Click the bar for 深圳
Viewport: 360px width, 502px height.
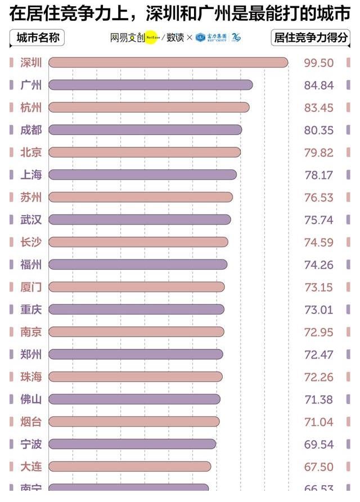[x=168, y=62]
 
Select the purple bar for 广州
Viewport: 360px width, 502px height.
[x=150, y=85]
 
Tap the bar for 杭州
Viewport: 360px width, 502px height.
[x=148, y=107]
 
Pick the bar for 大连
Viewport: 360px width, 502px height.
[x=129, y=467]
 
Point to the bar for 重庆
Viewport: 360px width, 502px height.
[x=136, y=310]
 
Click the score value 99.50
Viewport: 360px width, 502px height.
[x=318, y=63]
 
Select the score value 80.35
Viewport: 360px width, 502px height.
[x=318, y=130]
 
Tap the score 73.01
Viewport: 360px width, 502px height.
[x=318, y=310]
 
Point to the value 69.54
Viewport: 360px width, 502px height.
[x=318, y=445]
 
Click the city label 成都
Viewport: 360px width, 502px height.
[x=31, y=130]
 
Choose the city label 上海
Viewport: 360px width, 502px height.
[x=31, y=175]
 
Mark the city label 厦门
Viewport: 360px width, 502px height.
[x=31, y=287]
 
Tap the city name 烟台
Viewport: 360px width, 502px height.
[x=31, y=422]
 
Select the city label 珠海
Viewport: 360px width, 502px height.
[x=31, y=376]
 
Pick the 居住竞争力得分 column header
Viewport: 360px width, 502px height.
[x=310, y=38]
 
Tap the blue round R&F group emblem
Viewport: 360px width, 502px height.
[x=200, y=38]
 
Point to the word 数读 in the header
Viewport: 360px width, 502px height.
[x=175, y=38]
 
